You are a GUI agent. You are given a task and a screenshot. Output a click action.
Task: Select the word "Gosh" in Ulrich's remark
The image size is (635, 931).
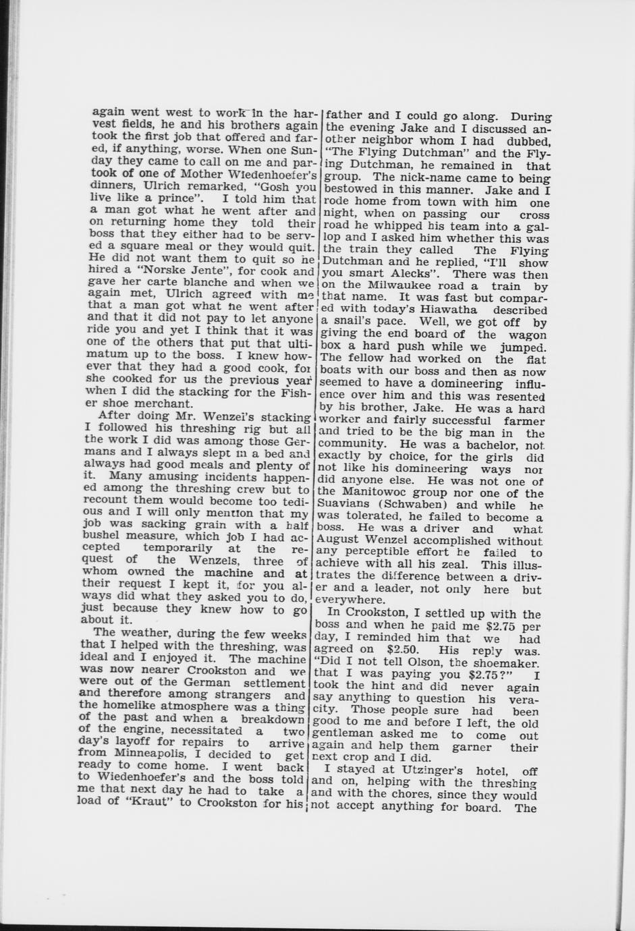(x=277, y=187)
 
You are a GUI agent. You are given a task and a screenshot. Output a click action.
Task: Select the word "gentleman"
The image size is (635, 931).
(x=346, y=735)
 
